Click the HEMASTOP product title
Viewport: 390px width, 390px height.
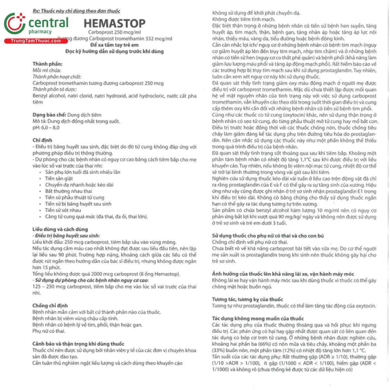(x=114, y=23)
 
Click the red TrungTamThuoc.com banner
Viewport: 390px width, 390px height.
(x=36, y=41)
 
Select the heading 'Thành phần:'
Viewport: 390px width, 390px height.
(x=47, y=64)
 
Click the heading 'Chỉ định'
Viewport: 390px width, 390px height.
(x=42, y=140)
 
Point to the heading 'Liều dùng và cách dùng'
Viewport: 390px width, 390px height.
(x=60, y=229)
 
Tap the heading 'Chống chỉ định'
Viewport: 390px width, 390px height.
(x=50, y=305)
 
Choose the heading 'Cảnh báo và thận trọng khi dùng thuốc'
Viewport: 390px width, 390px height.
(x=78, y=344)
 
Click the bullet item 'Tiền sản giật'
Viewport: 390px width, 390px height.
(x=59, y=178)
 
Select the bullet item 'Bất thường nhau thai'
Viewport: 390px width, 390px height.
(x=68, y=191)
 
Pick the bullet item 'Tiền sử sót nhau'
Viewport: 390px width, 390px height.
(x=63, y=210)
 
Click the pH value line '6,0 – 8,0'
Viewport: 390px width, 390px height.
(x=46, y=127)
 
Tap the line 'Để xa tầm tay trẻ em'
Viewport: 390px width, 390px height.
(x=114, y=45)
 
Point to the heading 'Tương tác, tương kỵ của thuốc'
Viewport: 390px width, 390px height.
(x=247, y=299)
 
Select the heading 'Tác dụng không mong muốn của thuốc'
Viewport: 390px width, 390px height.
(x=258, y=318)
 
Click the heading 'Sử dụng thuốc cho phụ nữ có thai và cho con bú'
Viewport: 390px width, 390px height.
(x=268, y=236)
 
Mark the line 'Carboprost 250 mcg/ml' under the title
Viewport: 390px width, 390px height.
(x=114, y=32)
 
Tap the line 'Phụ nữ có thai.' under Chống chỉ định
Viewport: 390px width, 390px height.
(x=49, y=331)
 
